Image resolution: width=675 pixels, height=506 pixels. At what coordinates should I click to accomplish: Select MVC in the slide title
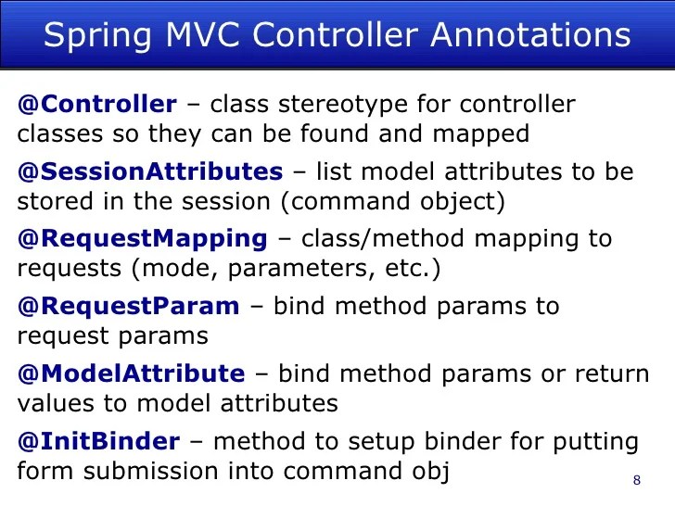(x=196, y=36)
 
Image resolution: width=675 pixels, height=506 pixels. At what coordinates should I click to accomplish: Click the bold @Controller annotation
(x=96, y=105)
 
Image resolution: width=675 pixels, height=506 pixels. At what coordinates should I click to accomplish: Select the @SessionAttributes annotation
(x=150, y=171)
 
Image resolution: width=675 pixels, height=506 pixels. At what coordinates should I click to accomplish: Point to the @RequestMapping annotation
(x=142, y=238)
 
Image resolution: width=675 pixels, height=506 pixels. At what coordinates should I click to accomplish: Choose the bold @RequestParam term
(x=128, y=306)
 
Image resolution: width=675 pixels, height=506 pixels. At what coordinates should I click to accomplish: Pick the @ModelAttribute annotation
(x=131, y=373)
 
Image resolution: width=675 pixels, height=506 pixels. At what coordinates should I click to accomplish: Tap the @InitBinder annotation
(x=98, y=441)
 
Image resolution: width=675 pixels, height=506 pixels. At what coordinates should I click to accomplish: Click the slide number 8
(x=636, y=480)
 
